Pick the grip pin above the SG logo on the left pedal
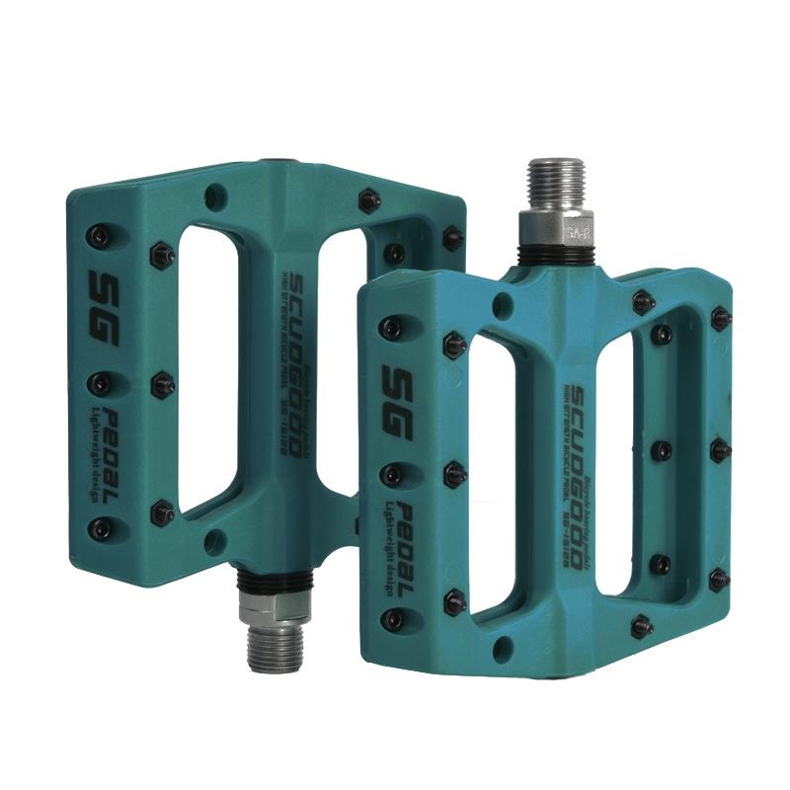point(96,235)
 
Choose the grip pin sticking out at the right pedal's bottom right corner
point(642,623)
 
